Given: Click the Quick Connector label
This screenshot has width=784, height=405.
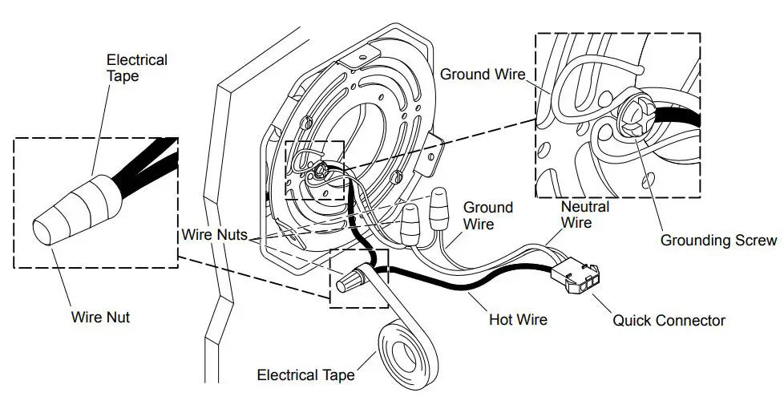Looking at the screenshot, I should point(669,321).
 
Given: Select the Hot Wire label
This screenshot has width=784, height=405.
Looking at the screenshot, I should point(518,319).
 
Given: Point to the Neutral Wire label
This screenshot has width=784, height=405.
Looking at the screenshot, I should point(585,213).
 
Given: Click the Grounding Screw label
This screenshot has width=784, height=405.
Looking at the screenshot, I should point(718,240).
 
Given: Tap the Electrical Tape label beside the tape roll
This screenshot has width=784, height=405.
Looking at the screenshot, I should point(305,375).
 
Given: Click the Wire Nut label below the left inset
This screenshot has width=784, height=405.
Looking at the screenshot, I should point(100,317).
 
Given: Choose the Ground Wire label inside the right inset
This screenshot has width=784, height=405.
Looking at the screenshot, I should point(483,75).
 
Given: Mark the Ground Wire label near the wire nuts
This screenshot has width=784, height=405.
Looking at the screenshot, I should point(488,215).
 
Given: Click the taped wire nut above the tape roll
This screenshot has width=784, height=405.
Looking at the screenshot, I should point(353,278).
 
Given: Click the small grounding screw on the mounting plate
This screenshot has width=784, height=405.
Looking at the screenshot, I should point(320,169).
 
